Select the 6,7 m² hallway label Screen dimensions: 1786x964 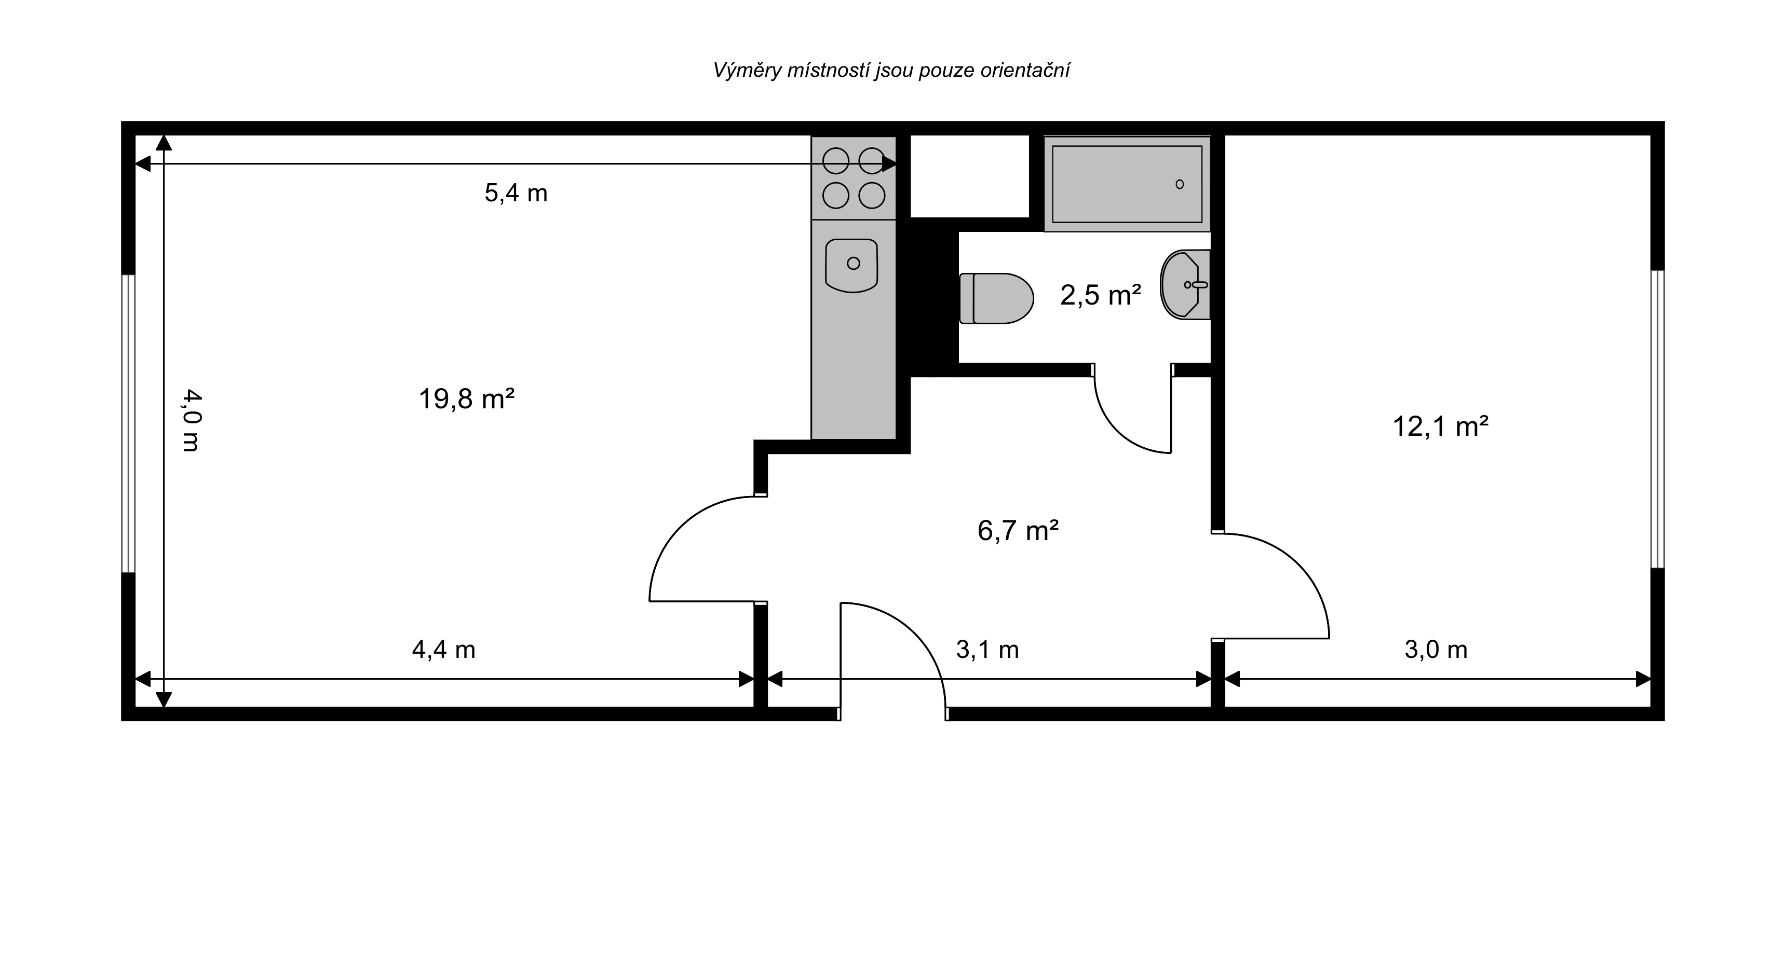click(1018, 531)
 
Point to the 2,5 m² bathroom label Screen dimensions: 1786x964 click(1100, 295)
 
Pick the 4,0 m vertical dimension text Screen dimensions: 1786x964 click(192, 421)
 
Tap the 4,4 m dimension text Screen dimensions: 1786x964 click(444, 650)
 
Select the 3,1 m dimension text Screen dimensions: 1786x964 click(987, 650)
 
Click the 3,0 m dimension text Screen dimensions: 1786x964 click(1436, 650)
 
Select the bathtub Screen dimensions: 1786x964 click(1127, 184)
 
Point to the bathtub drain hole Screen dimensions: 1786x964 click(1180, 184)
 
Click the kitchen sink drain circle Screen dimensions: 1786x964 click(854, 264)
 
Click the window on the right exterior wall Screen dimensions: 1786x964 click(1657, 419)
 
